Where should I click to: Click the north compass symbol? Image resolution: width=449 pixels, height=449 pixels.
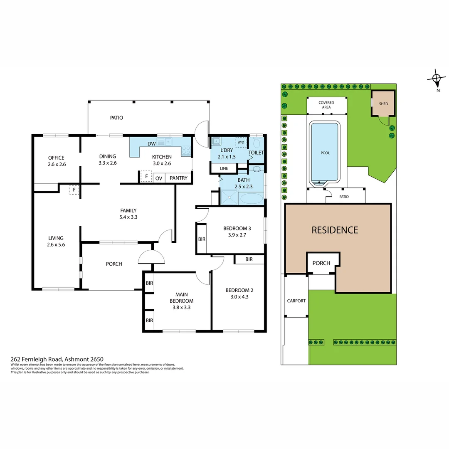(437, 79)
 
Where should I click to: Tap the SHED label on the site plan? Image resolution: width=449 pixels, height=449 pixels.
(383, 104)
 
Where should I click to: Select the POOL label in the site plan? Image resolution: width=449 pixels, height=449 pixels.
(325, 153)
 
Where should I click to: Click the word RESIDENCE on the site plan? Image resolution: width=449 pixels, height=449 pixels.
(335, 230)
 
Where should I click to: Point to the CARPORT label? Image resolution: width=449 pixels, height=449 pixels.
(296, 301)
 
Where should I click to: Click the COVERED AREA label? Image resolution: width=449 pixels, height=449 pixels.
(326, 105)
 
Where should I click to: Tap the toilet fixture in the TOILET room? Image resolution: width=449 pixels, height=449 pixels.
(257, 143)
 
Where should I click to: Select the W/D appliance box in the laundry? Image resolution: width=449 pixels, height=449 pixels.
(241, 142)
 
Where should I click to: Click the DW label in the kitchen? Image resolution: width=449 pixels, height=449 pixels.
(151, 144)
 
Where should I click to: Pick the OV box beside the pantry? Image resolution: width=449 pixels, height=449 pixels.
(159, 178)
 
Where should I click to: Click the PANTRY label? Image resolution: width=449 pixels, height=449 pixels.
(179, 178)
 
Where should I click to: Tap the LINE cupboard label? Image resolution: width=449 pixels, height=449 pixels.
(224, 168)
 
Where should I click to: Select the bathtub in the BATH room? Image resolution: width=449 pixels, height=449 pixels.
(251, 199)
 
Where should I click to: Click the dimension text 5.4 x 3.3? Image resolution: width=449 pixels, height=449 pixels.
(128, 217)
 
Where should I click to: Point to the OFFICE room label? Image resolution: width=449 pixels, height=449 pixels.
(56, 158)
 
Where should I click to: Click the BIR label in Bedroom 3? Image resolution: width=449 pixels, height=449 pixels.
(202, 239)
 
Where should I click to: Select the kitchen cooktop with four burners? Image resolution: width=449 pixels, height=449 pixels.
(186, 150)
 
